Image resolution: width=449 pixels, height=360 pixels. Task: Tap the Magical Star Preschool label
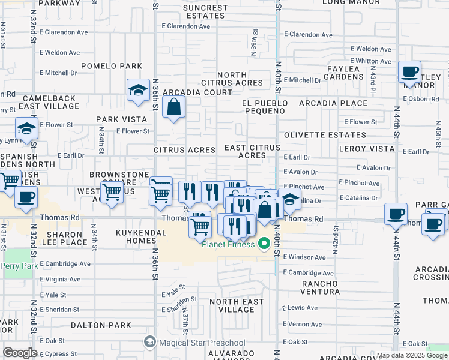202,343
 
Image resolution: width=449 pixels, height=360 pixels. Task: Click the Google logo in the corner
20,353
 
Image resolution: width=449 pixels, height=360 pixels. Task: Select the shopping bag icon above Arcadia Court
173,107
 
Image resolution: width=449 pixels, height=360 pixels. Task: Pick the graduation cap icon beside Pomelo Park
138,91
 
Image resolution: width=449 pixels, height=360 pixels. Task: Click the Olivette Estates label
325,135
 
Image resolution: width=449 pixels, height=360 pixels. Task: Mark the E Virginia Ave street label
60,279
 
